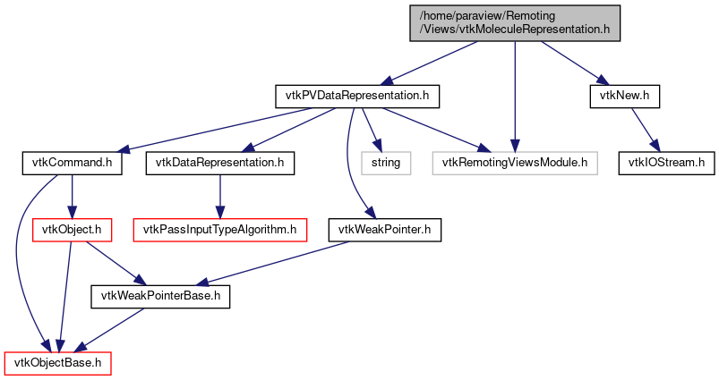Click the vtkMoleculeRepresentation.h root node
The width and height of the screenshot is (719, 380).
pyautogui.click(x=514, y=21)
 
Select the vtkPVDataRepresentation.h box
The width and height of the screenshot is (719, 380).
pyautogui.click(x=356, y=96)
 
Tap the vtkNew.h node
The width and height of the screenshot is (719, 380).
pyautogui.click(x=624, y=96)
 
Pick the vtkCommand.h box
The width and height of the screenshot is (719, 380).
pyautogui.click(x=72, y=163)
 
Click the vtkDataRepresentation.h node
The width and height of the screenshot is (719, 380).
pyautogui.click(x=219, y=163)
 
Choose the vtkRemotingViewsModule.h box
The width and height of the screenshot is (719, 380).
pyautogui.click(x=514, y=163)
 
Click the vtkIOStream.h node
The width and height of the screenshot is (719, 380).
pyautogui.click(x=662, y=163)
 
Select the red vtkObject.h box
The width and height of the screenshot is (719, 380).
pyautogui.click(x=72, y=230)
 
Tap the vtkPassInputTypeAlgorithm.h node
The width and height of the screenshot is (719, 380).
pyautogui.click(x=219, y=230)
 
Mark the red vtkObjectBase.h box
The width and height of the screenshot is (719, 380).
pyautogui.click(x=58, y=364)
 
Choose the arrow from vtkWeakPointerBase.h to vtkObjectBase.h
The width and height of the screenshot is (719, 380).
pyautogui.click(x=109, y=331)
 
